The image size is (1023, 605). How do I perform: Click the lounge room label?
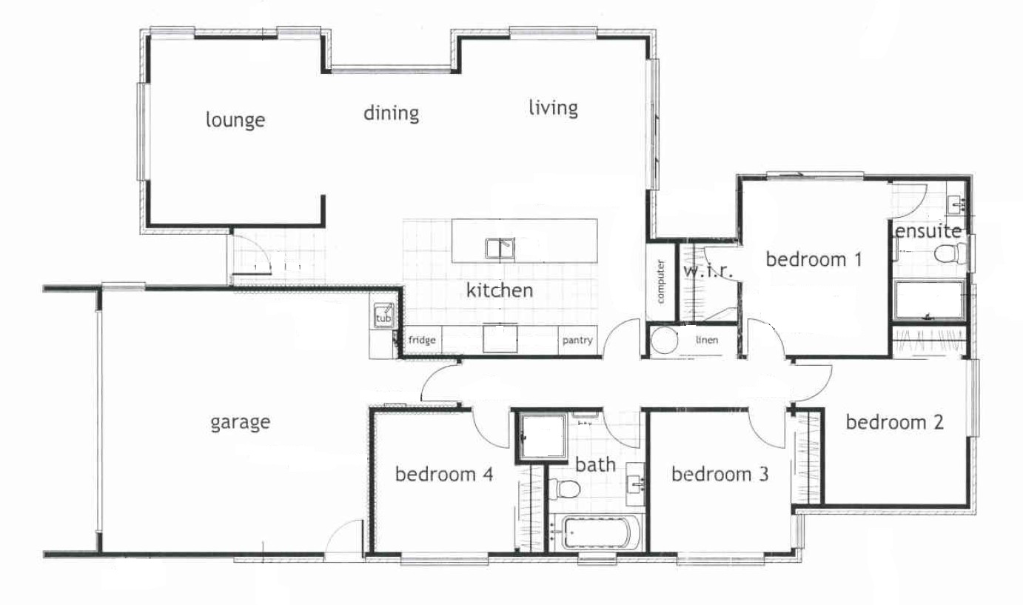[x=235, y=120]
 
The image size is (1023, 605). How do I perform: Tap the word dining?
[x=392, y=114]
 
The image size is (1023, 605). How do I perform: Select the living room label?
[x=554, y=108]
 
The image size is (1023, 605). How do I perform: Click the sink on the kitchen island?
[x=500, y=249]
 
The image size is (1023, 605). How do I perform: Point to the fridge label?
[x=422, y=340]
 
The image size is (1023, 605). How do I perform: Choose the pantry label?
[x=577, y=341]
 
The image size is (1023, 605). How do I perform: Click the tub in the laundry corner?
[x=383, y=315]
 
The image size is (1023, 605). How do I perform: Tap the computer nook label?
[x=660, y=281]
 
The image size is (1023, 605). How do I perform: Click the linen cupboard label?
[x=707, y=340]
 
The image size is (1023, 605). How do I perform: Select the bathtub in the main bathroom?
[x=597, y=533]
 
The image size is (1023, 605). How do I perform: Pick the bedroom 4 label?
[x=444, y=475]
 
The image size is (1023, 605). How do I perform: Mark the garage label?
[x=241, y=423]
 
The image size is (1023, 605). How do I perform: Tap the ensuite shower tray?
[x=930, y=300]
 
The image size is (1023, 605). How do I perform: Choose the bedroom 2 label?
[x=895, y=422]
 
